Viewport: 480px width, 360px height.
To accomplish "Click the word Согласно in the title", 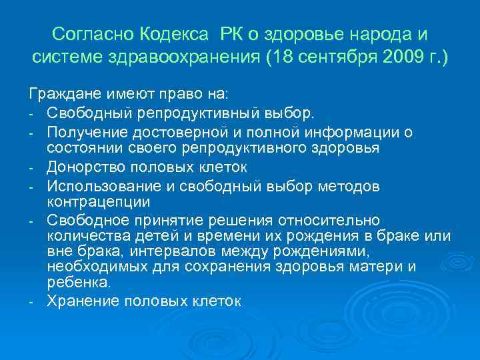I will [x=93, y=33].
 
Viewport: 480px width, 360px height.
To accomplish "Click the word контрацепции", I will [x=99, y=200].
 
